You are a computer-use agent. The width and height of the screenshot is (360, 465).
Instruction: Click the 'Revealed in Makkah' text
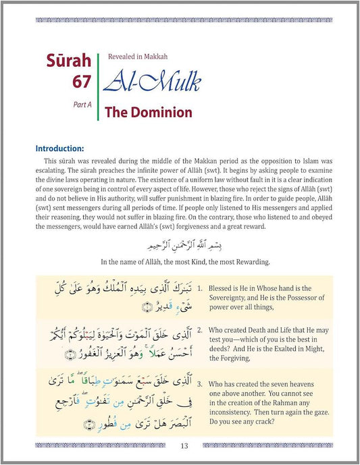tap(138, 57)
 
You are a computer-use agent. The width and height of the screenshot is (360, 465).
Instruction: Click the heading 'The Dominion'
tap(150, 113)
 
